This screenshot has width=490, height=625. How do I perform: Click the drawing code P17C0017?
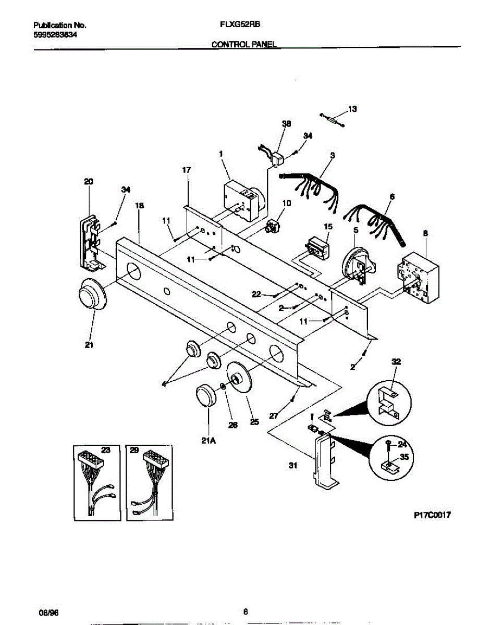coord(432,515)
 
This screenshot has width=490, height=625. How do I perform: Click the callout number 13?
coord(353,109)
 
